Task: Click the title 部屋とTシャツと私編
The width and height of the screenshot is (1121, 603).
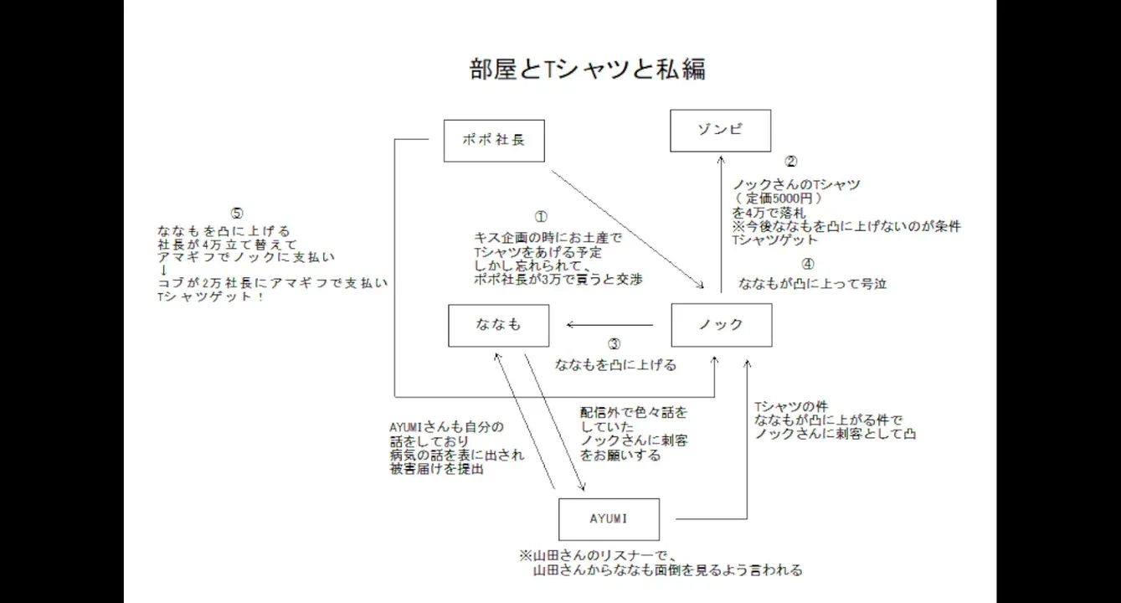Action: point(588,69)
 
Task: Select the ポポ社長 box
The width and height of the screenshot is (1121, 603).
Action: point(494,139)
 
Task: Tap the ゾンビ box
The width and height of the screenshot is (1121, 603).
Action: point(721,130)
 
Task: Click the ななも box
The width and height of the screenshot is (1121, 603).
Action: point(498,325)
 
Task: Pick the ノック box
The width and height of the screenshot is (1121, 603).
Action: point(721,325)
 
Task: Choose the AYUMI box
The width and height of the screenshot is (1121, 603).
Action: point(609,519)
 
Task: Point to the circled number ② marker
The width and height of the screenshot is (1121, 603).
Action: point(789,162)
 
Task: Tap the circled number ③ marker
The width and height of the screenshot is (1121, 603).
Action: point(614,344)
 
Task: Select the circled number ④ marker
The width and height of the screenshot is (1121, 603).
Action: point(807,264)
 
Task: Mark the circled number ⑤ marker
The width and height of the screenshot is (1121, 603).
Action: point(236,213)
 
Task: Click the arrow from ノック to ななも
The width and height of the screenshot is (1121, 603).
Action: point(609,325)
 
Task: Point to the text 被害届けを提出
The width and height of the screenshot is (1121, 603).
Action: point(436,470)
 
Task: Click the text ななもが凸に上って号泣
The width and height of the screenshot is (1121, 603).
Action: point(812,284)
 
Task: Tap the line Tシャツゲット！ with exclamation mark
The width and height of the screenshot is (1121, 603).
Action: point(211,297)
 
